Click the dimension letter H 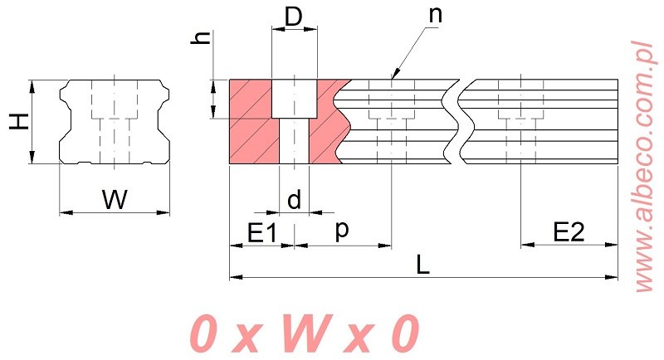coord(19,122)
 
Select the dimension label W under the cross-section coord(115,200)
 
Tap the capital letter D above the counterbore coord(294,17)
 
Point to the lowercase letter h coord(202,38)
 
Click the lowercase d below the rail coord(294,200)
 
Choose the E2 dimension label coord(569,231)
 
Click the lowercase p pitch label coord(342,231)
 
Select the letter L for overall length coord(422,265)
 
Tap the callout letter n coord(435,15)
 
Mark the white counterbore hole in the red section coord(294,99)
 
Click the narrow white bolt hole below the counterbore coord(295,141)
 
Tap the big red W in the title coord(305,333)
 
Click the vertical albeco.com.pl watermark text coord(647,166)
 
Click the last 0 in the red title coord(404,333)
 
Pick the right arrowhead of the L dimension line coord(612,278)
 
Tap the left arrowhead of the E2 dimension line coord(527,245)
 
